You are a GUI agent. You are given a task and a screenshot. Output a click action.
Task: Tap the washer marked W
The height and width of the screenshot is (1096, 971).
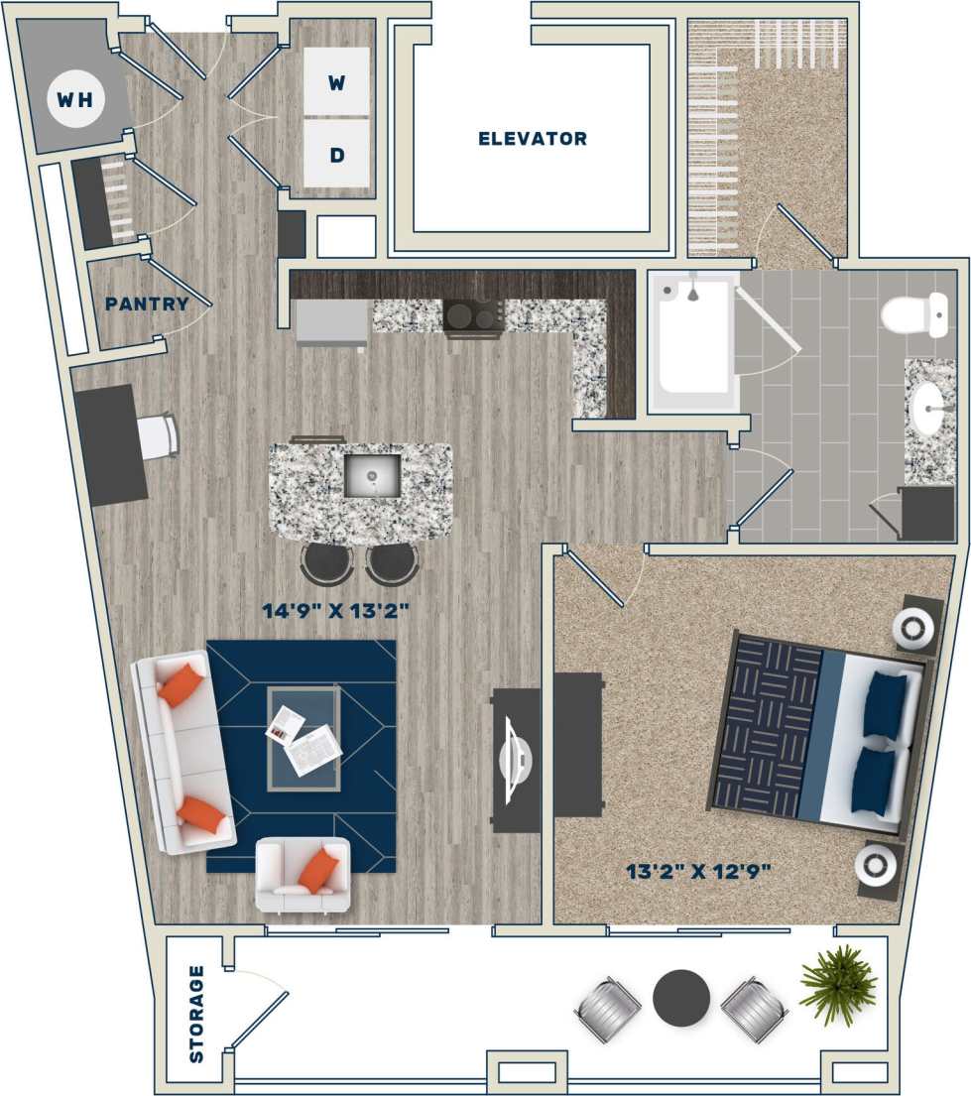point(336,83)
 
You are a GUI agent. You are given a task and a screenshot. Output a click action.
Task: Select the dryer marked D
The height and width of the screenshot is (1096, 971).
point(336,155)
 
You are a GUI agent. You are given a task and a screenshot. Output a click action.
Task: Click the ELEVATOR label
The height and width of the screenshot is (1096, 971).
point(533,139)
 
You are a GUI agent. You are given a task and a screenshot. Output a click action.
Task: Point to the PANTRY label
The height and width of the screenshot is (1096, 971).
point(147,304)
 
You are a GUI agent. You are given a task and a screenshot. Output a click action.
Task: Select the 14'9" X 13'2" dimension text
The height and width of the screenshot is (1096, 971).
point(336,611)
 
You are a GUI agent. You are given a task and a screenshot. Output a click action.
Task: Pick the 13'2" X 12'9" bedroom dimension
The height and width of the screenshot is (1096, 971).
point(698,872)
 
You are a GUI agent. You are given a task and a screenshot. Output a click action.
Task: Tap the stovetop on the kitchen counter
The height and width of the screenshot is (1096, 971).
point(473,317)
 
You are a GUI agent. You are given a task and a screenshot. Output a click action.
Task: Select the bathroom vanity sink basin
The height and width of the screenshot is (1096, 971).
point(929,408)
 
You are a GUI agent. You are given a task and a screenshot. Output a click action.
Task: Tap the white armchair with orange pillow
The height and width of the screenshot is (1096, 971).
point(303,873)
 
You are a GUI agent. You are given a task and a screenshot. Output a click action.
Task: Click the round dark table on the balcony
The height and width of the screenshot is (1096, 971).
point(681,997)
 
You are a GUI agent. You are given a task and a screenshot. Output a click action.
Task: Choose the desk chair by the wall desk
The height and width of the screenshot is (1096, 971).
point(160,436)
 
